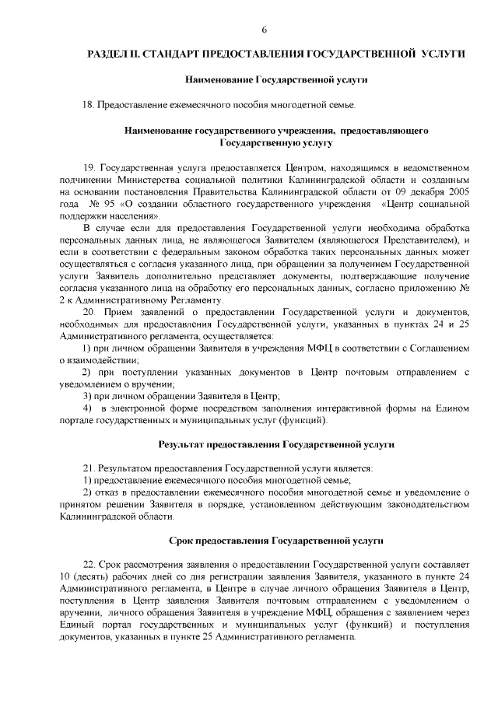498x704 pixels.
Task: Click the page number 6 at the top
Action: (x=264, y=30)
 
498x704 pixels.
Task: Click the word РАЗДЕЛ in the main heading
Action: (x=109, y=54)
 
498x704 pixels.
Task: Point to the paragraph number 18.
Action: (x=88, y=104)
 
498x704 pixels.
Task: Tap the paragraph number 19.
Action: (x=88, y=166)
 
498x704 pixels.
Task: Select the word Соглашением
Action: (x=442, y=348)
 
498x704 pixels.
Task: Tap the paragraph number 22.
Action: (x=88, y=564)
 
